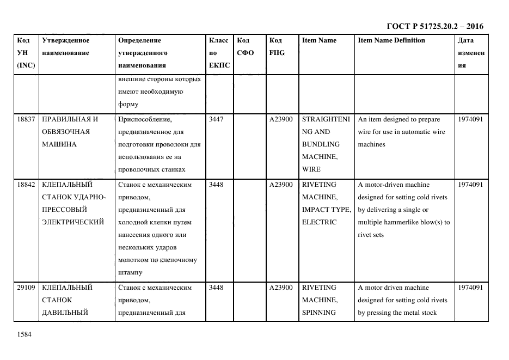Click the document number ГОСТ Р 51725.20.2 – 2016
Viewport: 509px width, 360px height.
coord(434,26)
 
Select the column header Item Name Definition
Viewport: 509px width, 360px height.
coord(391,40)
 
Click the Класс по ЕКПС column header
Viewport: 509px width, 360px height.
coord(219,53)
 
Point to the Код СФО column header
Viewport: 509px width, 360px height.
coord(246,47)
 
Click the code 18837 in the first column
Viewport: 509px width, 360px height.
coord(26,119)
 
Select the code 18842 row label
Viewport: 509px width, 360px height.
coord(26,185)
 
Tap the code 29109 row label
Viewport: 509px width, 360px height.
coord(26,288)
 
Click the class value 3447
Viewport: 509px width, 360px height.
coord(216,119)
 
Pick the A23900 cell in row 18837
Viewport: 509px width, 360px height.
coord(281,119)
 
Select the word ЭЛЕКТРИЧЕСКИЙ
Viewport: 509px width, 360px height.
coord(73,222)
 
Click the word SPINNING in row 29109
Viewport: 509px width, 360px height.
coord(319,313)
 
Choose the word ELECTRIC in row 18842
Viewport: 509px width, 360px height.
coord(319,222)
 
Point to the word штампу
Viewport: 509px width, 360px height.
coord(129,272)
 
